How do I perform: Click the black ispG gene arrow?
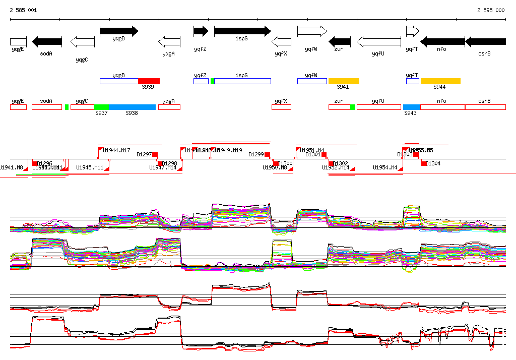point(242,31)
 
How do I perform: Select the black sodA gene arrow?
point(46,41)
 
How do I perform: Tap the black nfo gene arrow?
point(442,41)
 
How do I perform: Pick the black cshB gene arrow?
point(485,41)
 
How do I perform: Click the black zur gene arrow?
point(339,41)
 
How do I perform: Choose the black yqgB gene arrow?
point(119,31)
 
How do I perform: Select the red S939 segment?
point(149,81)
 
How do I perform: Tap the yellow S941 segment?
point(344,81)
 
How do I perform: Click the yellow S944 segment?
point(440,81)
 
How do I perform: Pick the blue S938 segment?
point(132,107)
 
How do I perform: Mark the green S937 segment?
point(101,107)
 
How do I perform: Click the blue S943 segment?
point(411,107)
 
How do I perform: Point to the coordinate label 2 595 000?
point(490,10)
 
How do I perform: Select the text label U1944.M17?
point(116,150)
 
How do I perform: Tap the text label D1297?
point(144,155)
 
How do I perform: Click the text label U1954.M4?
point(385,167)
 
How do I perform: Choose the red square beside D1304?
point(424,163)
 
